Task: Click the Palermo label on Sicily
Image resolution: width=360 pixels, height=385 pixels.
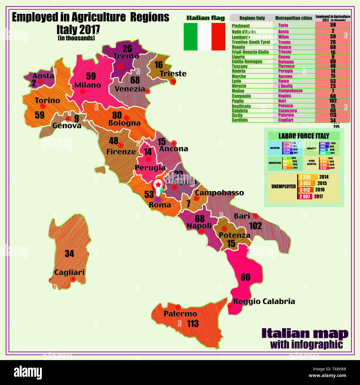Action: point(180,314)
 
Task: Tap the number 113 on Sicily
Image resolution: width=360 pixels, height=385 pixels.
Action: point(193,324)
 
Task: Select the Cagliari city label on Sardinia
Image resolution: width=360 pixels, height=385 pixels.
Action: point(69,273)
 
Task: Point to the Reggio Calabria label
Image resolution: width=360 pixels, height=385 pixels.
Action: point(264,301)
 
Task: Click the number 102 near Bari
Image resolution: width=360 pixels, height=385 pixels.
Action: point(255,226)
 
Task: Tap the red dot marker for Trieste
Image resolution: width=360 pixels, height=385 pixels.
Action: point(173,82)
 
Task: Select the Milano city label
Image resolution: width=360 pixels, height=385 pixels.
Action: point(88,85)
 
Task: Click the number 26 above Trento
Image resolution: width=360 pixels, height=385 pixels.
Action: point(127,49)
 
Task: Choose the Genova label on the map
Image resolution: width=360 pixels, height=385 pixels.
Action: point(67,126)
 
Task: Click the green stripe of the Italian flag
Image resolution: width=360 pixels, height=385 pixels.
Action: point(191,37)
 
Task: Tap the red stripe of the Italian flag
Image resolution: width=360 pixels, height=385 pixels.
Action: point(218,37)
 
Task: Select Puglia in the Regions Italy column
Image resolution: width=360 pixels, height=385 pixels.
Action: point(238,101)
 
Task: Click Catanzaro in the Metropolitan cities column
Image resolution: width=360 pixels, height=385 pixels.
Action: point(287,111)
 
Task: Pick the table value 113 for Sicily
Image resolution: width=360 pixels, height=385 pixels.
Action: point(333,115)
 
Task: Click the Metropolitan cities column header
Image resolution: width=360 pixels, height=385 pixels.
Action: point(294,18)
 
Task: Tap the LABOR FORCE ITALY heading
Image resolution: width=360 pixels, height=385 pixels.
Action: point(304,136)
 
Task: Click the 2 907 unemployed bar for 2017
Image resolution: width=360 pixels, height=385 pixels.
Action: point(305,196)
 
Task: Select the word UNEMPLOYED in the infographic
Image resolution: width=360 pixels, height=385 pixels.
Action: point(283,186)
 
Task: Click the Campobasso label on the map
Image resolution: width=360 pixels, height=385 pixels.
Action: point(219,193)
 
